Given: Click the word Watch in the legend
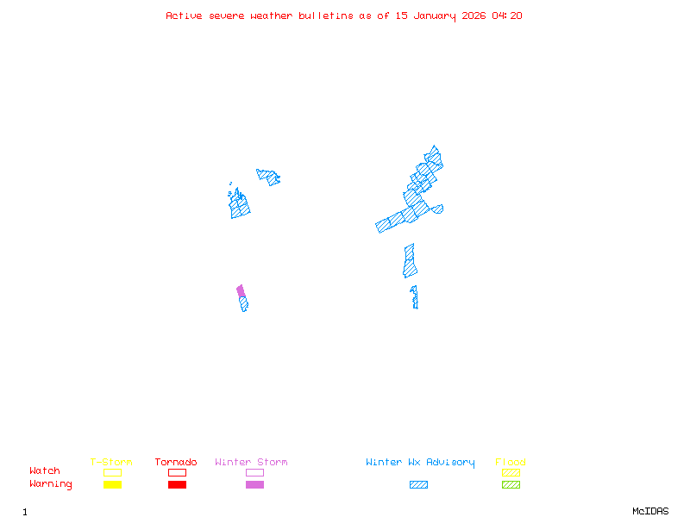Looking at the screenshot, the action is pyautogui.click(x=45, y=471).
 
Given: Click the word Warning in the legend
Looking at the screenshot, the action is pyautogui.click(x=51, y=484).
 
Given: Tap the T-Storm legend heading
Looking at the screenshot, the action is pyautogui.click(x=111, y=463).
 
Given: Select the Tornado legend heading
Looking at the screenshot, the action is pyautogui.click(x=176, y=463).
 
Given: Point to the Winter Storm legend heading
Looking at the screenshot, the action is pyautogui.click(x=251, y=463).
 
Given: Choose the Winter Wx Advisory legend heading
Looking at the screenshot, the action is pyautogui.click(x=420, y=463).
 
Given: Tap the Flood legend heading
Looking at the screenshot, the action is pyautogui.click(x=511, y=463).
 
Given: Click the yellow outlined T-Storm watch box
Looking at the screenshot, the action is pyautogui.click(x=112, y=472).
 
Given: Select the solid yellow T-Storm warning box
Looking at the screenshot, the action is pyautogui.click(x=112, y=485).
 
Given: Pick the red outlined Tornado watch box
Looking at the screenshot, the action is pyautogui.click(x=177, y=472).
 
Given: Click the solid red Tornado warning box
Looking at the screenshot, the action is pyautogui.click(x=177, y=485).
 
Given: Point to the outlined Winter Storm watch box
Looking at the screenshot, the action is pyautogui.click(x=254, y=472).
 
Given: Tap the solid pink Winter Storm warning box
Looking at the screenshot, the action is pyautogui.click(x=254, y=485).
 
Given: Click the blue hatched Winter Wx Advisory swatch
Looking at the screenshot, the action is pyautogui.click(x=418, y=485).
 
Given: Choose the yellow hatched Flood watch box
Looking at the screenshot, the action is pyautogui.click(x=511, y=472).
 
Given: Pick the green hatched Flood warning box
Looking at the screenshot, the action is pyautogui.click(x=511, y=485).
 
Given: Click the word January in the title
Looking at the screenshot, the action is pyautogui.click(x=435, y=16).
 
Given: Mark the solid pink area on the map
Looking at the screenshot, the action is pyautogui.click(x=241, y=291).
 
